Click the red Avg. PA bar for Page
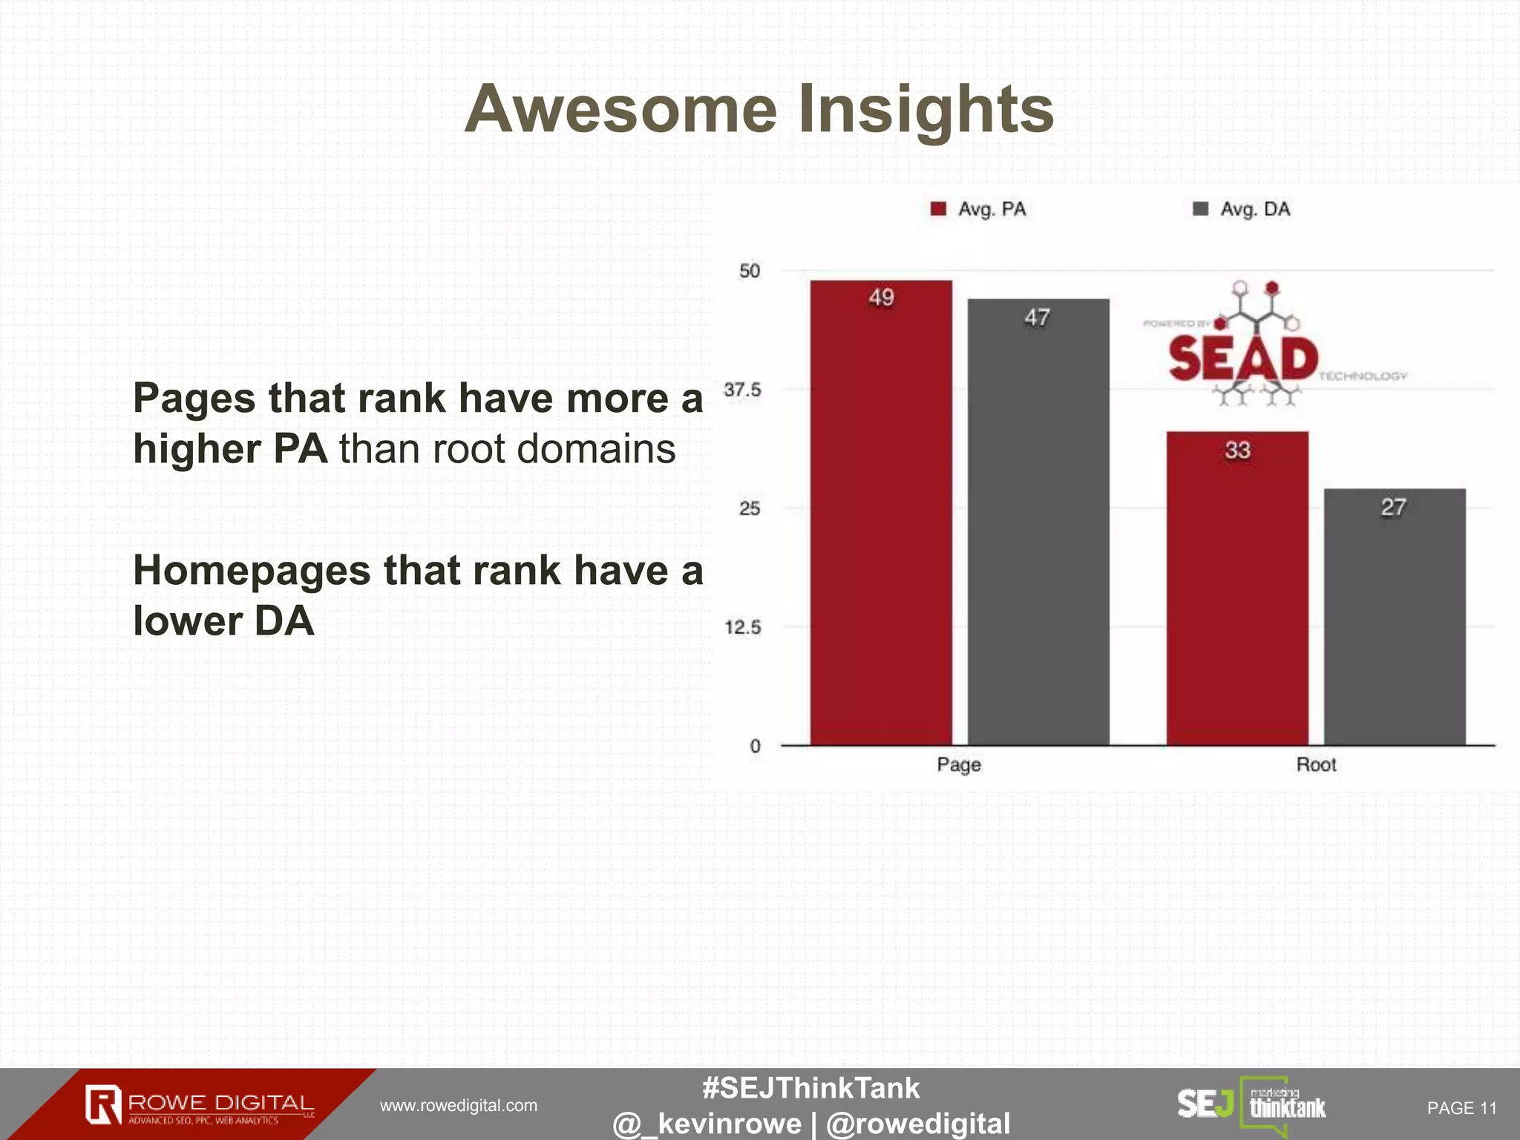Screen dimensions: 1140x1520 pos(881,520)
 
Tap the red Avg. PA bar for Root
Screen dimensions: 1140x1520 pos(1237,594)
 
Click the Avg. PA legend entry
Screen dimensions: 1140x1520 pos(980,209)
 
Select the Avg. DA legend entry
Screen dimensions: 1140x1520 pos(1242,209)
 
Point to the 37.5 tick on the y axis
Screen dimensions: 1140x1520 pos(742,390)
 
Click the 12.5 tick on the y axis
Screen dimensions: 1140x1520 pos(742,628)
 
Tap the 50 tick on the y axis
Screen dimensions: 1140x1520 pos(750,271)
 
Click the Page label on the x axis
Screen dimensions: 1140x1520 pos(959,764)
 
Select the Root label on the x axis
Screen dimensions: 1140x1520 pos(1316,764)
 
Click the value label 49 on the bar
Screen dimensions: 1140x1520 pos(881,298)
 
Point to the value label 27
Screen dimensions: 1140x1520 pos(1393,507)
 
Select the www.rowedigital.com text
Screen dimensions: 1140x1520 pos(459,1106)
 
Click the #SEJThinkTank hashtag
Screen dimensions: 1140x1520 pos(810,1088)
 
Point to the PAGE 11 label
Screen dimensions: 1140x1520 pos(1461,1108)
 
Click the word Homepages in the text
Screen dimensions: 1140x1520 pos(252,571)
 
